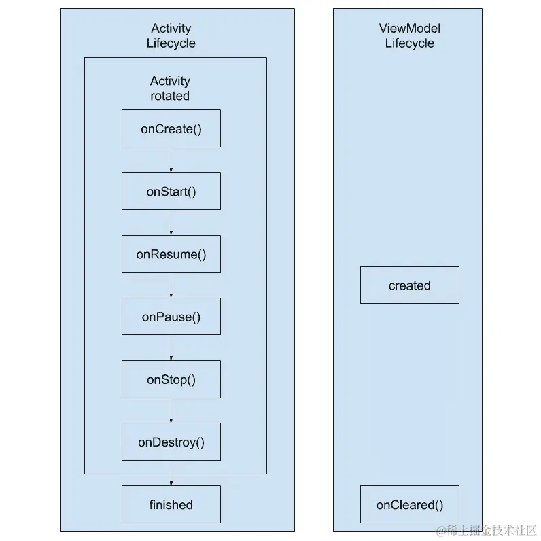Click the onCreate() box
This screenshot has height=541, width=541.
pos(171,128)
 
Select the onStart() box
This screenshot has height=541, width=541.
pos(171,191)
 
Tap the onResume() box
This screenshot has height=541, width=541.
pos(171,254)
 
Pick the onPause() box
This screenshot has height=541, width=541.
pos(171,317)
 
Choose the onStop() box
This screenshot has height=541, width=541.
pos(171,379)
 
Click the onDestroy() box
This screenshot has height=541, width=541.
pos(171,442)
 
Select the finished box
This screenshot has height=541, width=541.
pos(171,504)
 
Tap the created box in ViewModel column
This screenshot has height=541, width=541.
pos(409,285)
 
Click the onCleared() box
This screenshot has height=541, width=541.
pos(409,504)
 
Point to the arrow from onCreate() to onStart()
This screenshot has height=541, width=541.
pos(171,160)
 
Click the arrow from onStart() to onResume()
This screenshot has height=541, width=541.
pos(171,222)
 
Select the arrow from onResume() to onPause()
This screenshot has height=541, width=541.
pos(171,285)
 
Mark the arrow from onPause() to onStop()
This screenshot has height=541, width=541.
pos(171,347)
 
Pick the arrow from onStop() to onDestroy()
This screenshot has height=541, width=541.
pos(171,410)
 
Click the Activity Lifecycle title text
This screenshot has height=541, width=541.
pos(171,35)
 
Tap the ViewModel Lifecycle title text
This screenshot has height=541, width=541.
pos(409,35)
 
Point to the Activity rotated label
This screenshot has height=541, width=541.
pos(170,88)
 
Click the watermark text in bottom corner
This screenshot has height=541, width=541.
pos(487,529)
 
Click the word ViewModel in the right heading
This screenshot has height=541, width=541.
pos(409,28)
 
